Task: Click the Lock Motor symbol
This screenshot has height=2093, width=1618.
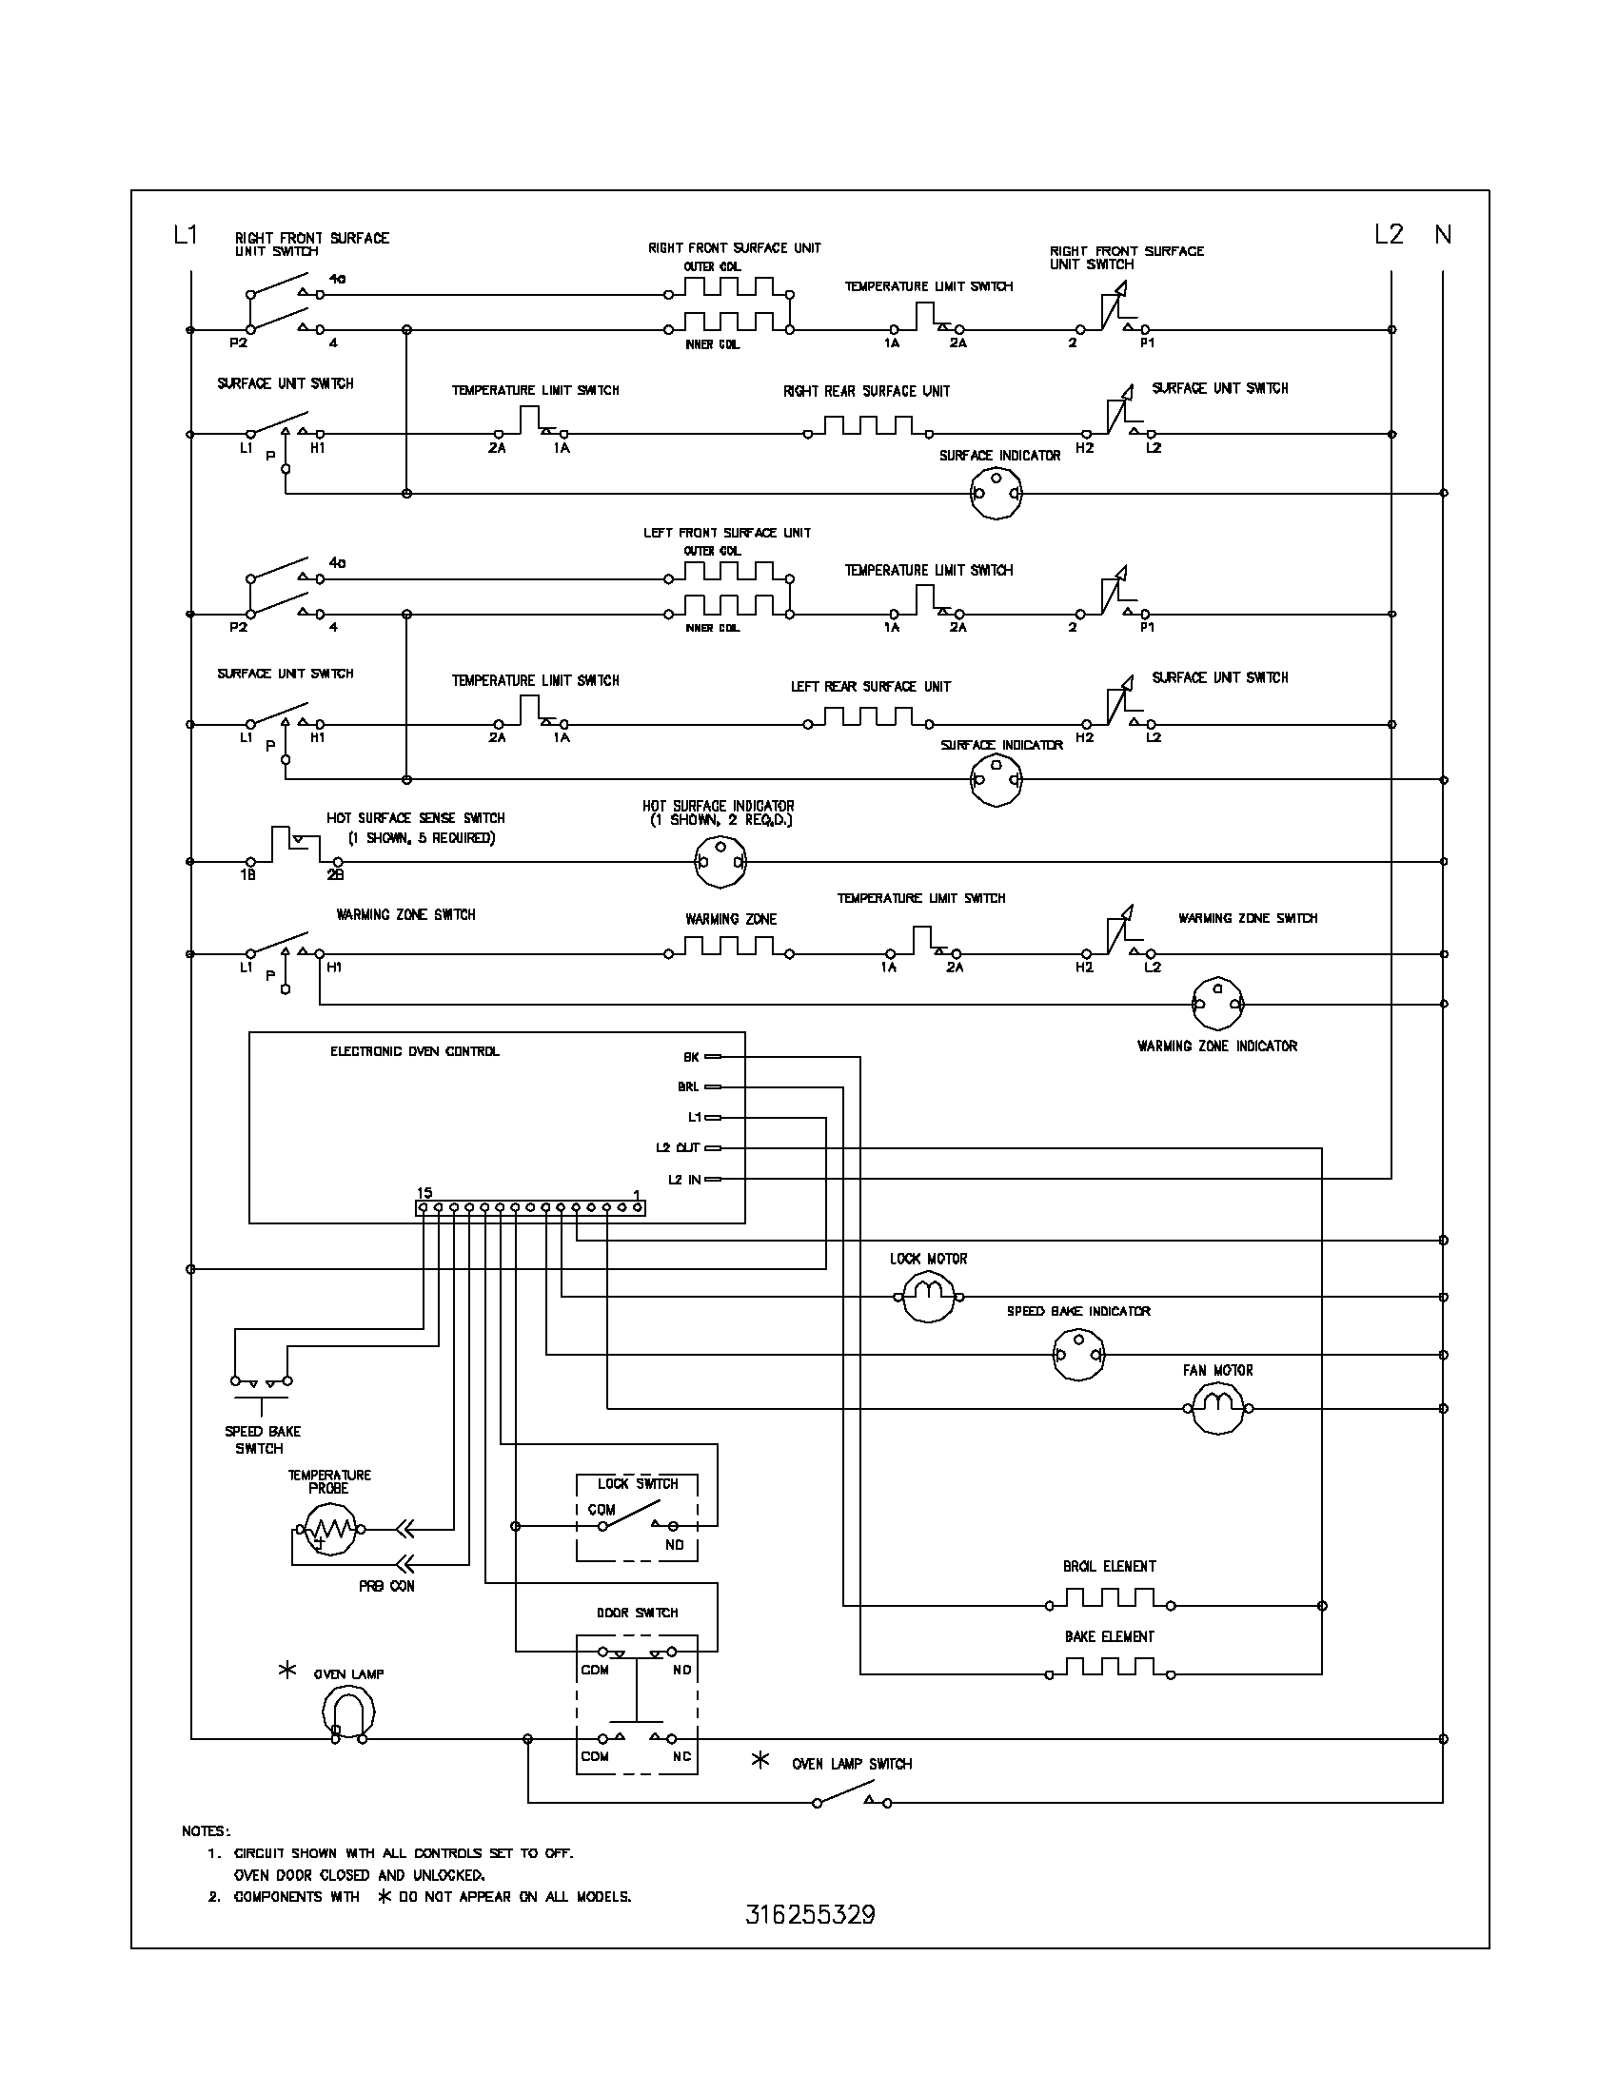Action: pos(928,1297)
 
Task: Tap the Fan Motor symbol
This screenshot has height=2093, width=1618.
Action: pos(1217,1409)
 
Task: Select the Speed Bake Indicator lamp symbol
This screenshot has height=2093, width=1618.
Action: pos(1078,1355)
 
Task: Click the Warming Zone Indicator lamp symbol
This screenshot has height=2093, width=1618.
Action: pos(1217,1005)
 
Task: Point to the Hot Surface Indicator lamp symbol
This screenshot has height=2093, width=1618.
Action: pos(720,862)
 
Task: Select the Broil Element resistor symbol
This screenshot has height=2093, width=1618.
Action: pos(1109,1599)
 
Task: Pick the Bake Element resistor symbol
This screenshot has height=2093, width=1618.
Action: pos(1109,1669)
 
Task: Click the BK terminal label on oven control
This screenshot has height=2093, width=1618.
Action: pos(691,1057)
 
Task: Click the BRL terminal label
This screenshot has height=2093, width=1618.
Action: pos(688,1087)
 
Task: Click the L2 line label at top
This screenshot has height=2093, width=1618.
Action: pos(1388,234)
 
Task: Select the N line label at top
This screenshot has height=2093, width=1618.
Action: pos(1443,234)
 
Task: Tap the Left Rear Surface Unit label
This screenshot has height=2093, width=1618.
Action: pos(870,686)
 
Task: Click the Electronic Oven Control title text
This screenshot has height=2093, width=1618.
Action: pos(414,1051)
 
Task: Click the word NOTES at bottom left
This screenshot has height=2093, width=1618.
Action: pos(207,1831)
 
